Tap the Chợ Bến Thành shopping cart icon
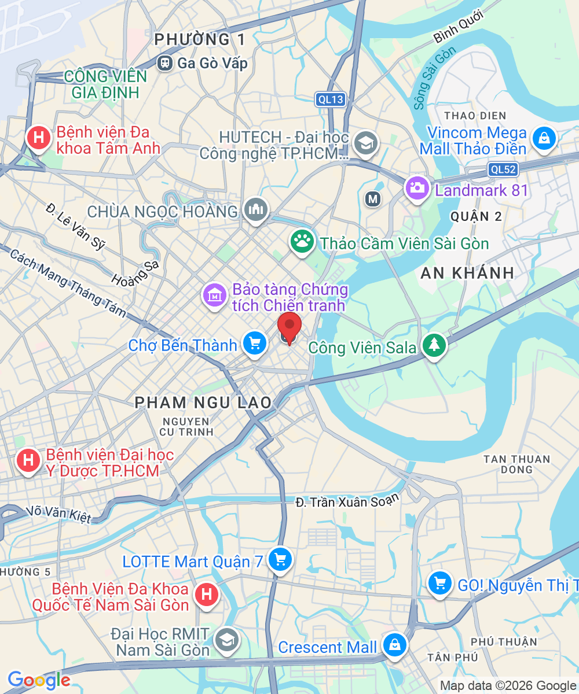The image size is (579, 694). pos(254,344)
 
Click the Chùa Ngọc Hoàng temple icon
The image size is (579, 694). pos(255,209)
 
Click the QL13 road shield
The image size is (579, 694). pos(331,99)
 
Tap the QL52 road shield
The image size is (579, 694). pos(502,169)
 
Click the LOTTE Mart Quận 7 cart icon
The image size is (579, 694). pos(280,559)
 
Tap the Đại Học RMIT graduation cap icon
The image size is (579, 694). pos(225,640)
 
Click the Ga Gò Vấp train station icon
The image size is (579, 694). pos(166,62)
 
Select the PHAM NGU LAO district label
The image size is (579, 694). pos(203,403)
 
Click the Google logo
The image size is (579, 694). pos(38,680)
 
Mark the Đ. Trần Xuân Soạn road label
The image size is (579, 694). pos(347,501)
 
